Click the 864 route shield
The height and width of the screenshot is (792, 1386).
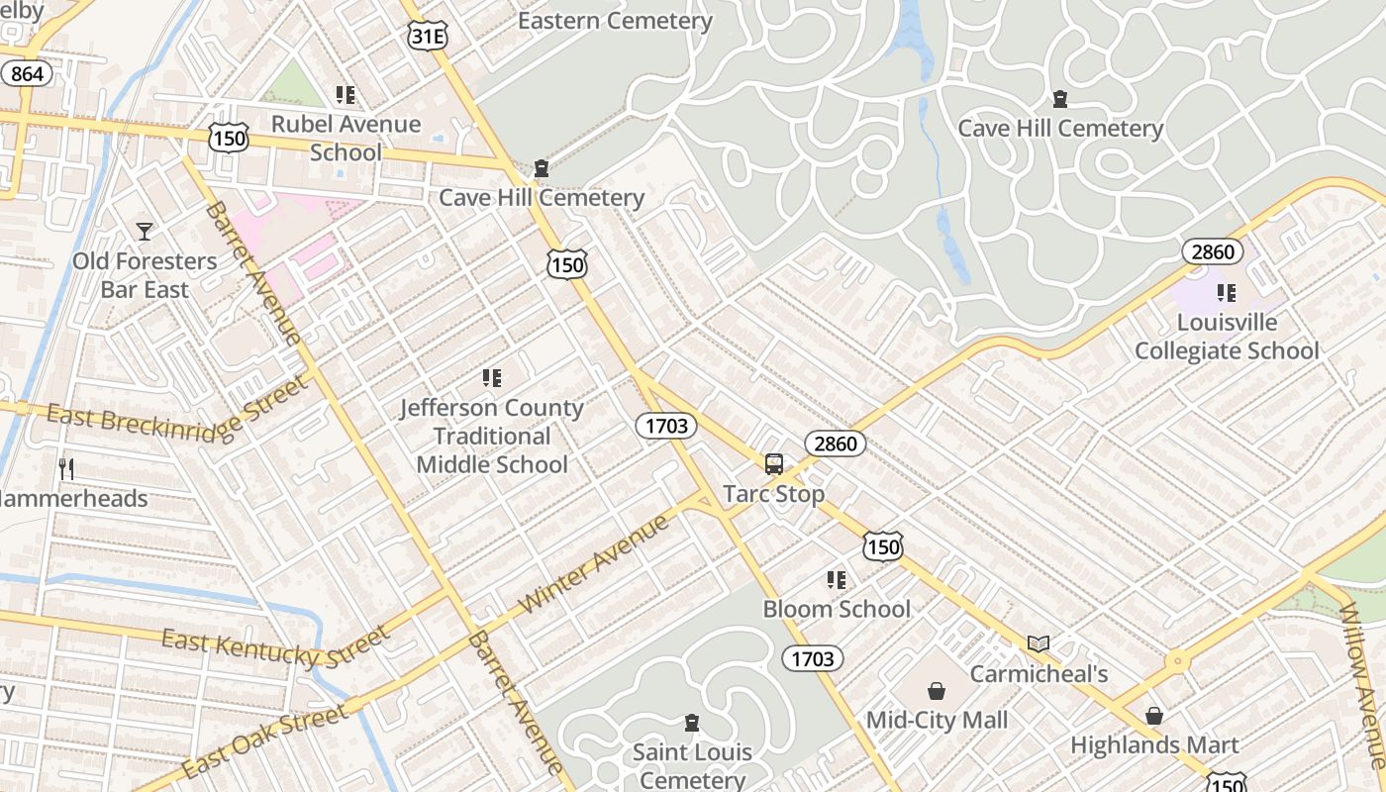[x=27, y=74]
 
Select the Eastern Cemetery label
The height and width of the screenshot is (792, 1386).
[x=615, y=21]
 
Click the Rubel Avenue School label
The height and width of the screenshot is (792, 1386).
[x=346, y=138]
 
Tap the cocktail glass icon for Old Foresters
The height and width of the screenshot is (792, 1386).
[x=145, y=232]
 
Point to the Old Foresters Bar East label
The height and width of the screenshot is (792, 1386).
[x=145, y=275]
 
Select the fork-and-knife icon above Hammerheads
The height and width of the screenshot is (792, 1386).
[x=66, y=469]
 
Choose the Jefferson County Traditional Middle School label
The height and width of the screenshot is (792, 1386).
[x=492, y=436]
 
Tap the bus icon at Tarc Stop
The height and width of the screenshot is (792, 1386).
[x=774, y=463]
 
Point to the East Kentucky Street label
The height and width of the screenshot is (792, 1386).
[x=275, y=647]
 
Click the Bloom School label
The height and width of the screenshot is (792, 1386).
[x=837, y=609]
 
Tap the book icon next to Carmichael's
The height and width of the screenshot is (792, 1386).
[x=1038, y=644]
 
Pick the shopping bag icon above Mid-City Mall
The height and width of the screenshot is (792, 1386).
[x=936, y=690]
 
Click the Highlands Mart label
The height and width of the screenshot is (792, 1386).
[x=1154, y=744]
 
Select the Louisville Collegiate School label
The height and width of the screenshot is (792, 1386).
[x=1227, y=337]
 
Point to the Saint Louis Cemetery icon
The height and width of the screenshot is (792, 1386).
[x=692, y=724]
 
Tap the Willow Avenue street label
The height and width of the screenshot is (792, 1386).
[x=1364, y=683]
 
